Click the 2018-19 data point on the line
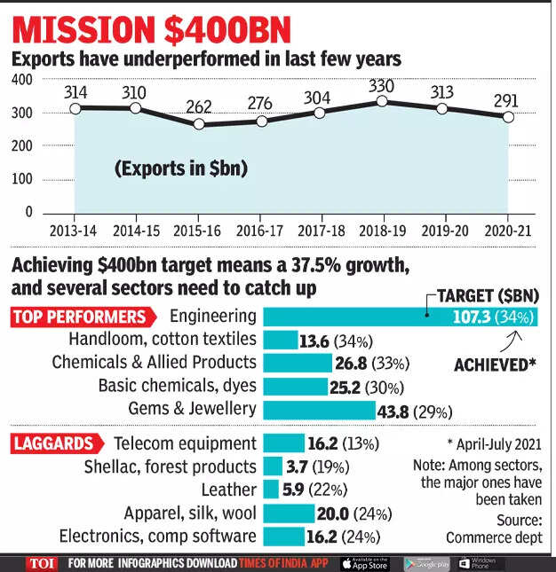(x=383, y=101)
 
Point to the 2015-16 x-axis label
(x=198, y=230)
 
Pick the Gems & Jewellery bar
(x=320, y=410)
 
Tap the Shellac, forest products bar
(x=273, y=466)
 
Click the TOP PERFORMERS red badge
(x=78, y=317)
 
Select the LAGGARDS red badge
(x=53, y=443)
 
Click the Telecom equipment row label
(x=185, y=443)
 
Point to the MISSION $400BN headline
(x=153, y=29)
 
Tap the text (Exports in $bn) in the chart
(x=180, y=168)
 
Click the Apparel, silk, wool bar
(x=290, y=513)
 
